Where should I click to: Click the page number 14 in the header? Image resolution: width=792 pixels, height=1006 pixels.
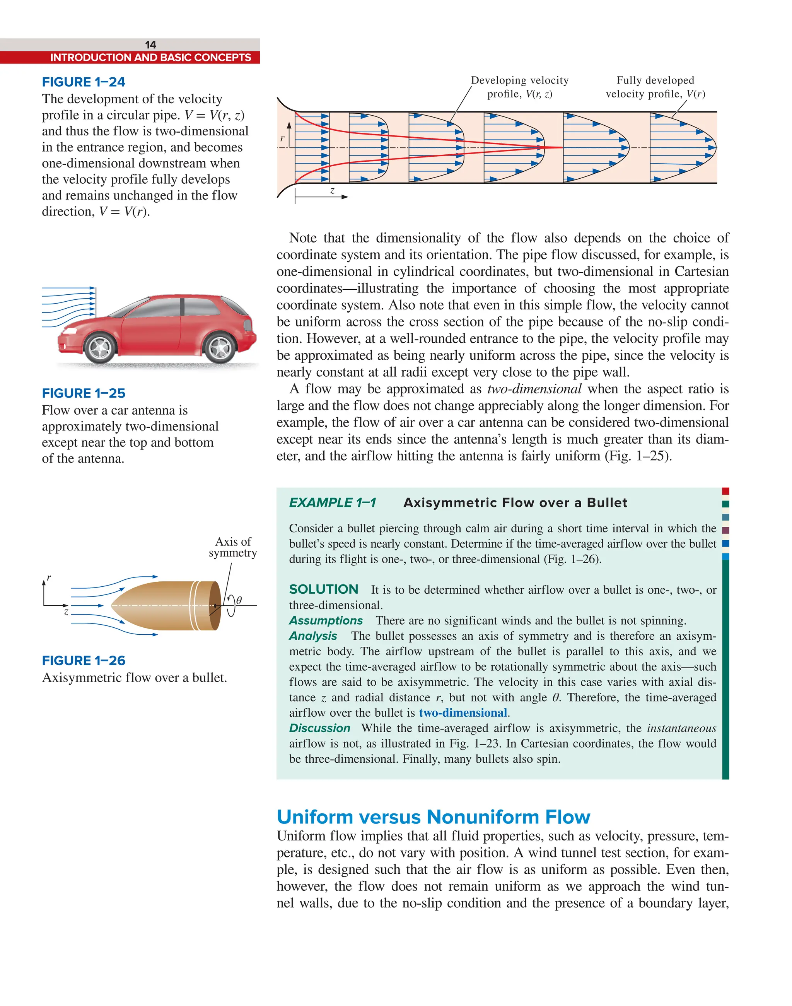pos(151,45)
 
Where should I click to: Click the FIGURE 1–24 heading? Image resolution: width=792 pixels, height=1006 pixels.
pos(84,82)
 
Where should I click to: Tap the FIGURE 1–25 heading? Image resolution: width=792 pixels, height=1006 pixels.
pos(84,393)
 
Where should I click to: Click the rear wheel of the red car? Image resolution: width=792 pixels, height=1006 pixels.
pos(220,348)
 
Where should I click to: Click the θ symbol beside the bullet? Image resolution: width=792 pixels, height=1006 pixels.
pos(239,601)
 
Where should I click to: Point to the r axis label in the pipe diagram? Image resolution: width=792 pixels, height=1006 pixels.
pos(282,138)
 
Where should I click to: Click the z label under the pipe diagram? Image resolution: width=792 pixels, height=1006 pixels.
pos(332,191)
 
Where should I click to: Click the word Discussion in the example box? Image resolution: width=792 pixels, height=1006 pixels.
pos(319,728)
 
